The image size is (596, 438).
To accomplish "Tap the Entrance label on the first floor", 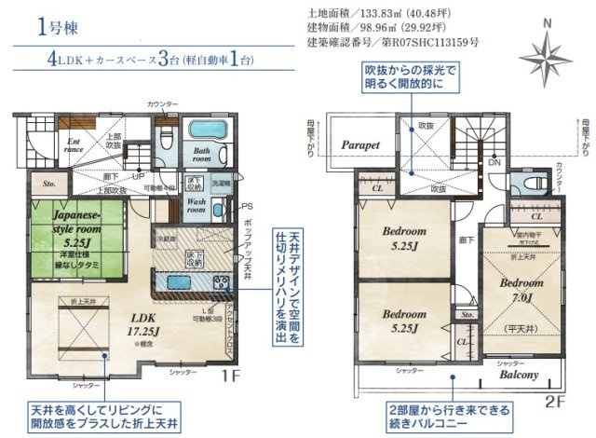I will [x=75, y=145].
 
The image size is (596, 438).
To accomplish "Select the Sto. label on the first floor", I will [x=49, y=185].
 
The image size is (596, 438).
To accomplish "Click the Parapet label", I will [x=359, y=146].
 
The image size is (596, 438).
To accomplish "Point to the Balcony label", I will [x=519, y=375].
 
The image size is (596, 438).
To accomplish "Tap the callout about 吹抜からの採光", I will [x=413, y=77].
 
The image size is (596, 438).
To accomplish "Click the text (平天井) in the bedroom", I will [x=513, y=328].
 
